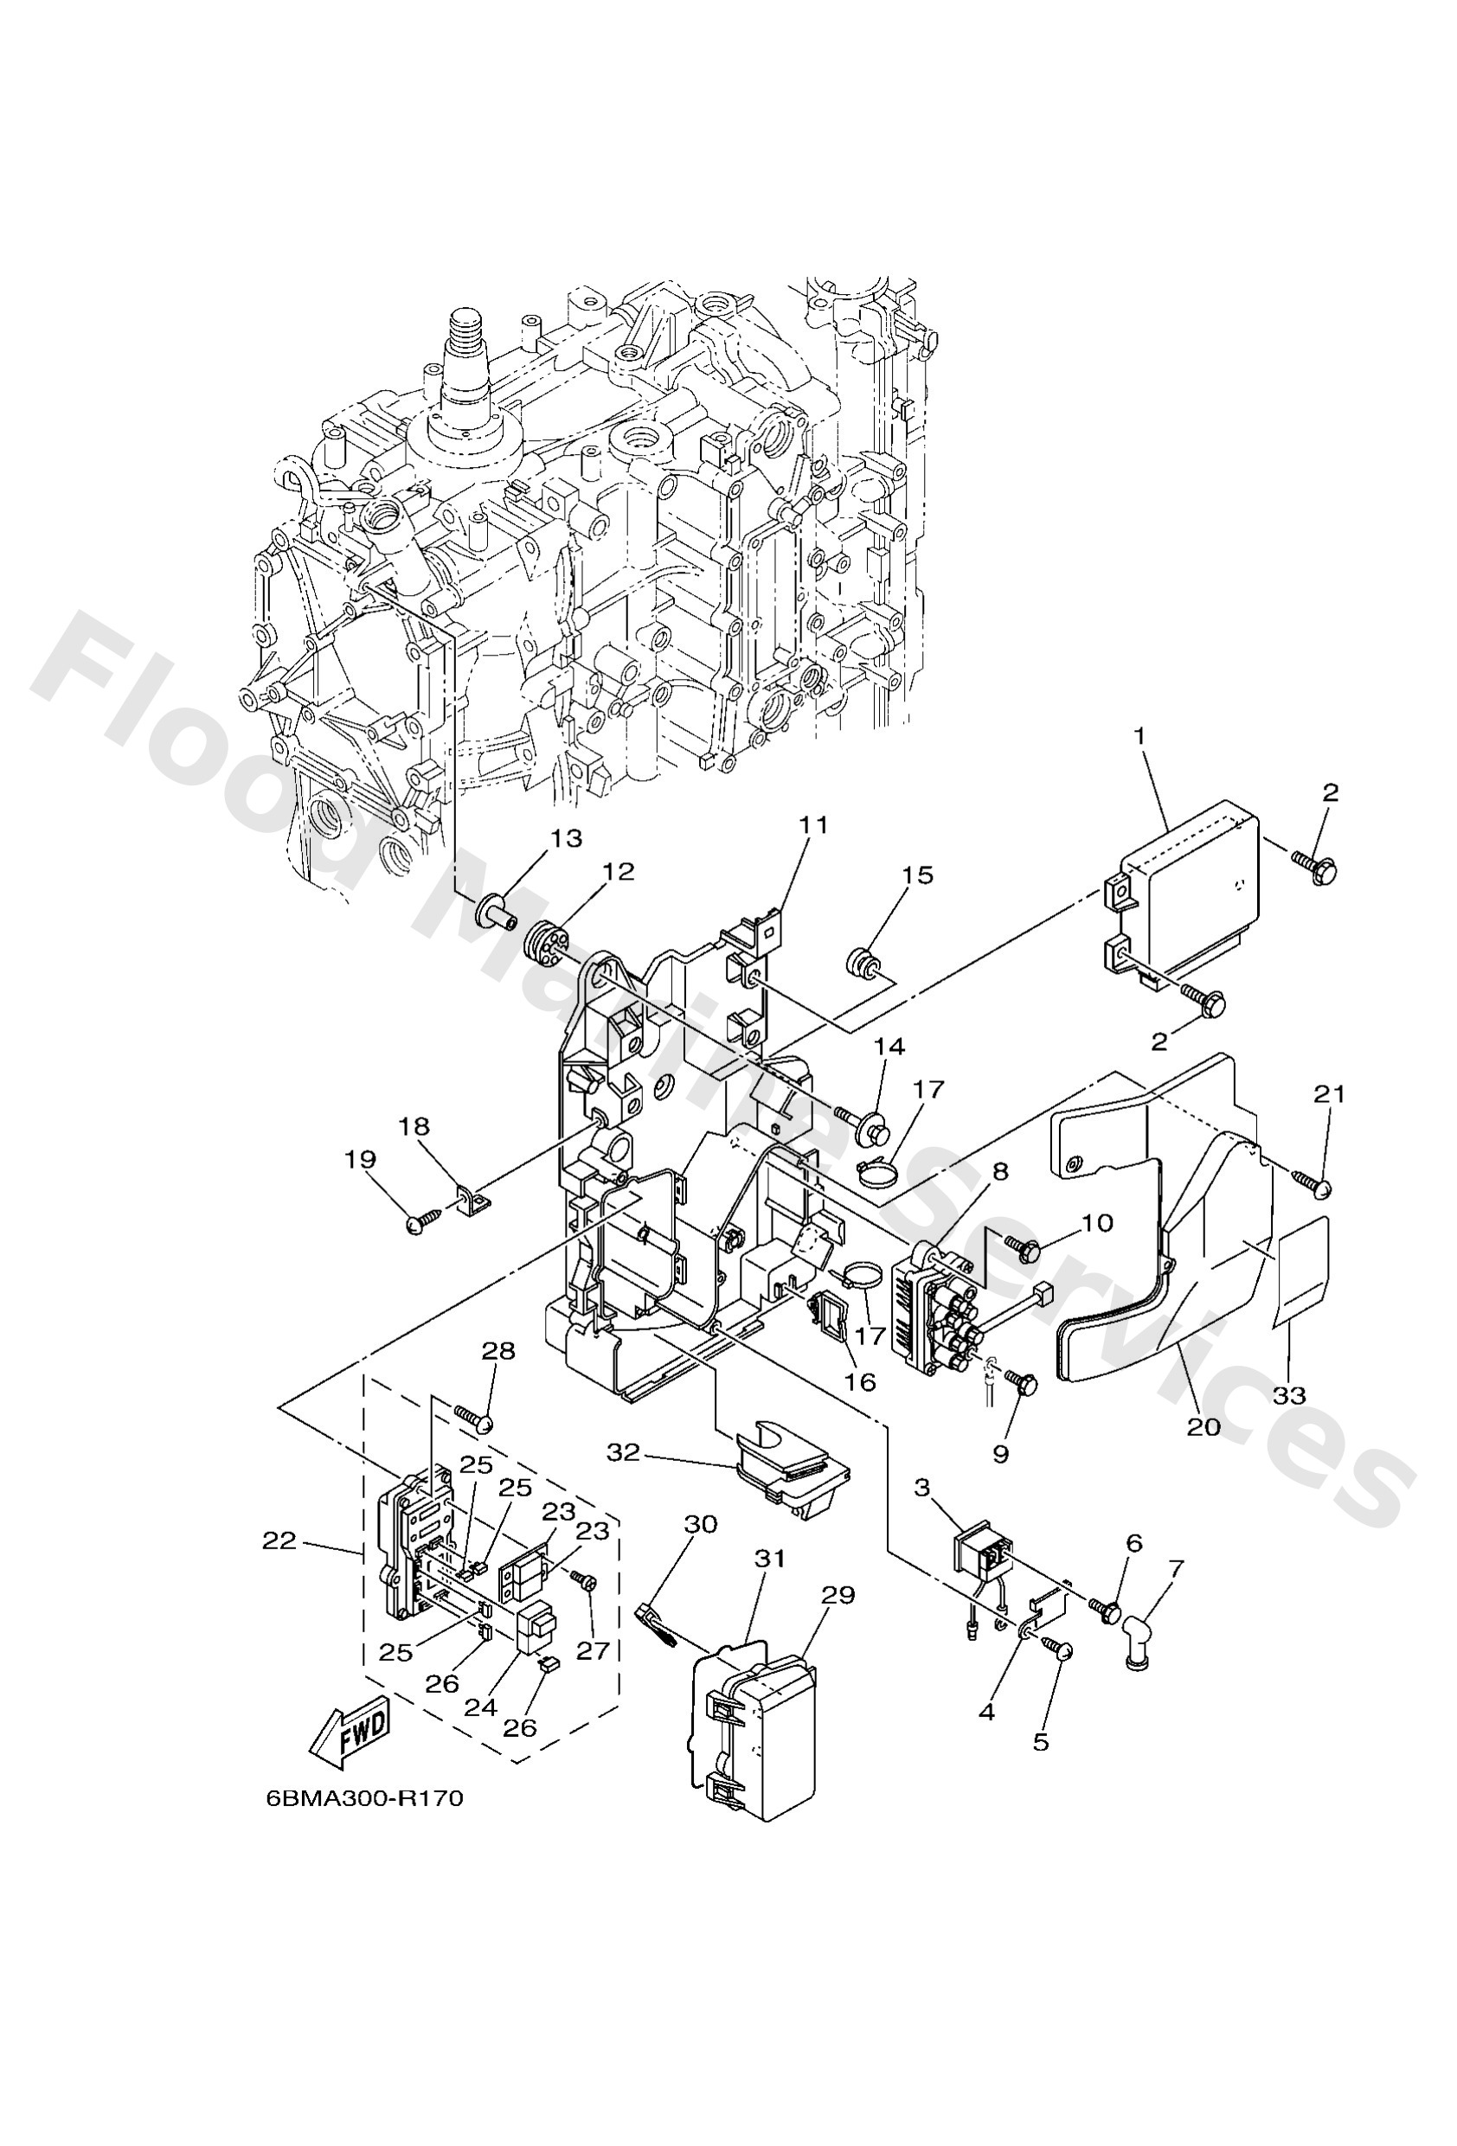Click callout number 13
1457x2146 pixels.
coord(567,837)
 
